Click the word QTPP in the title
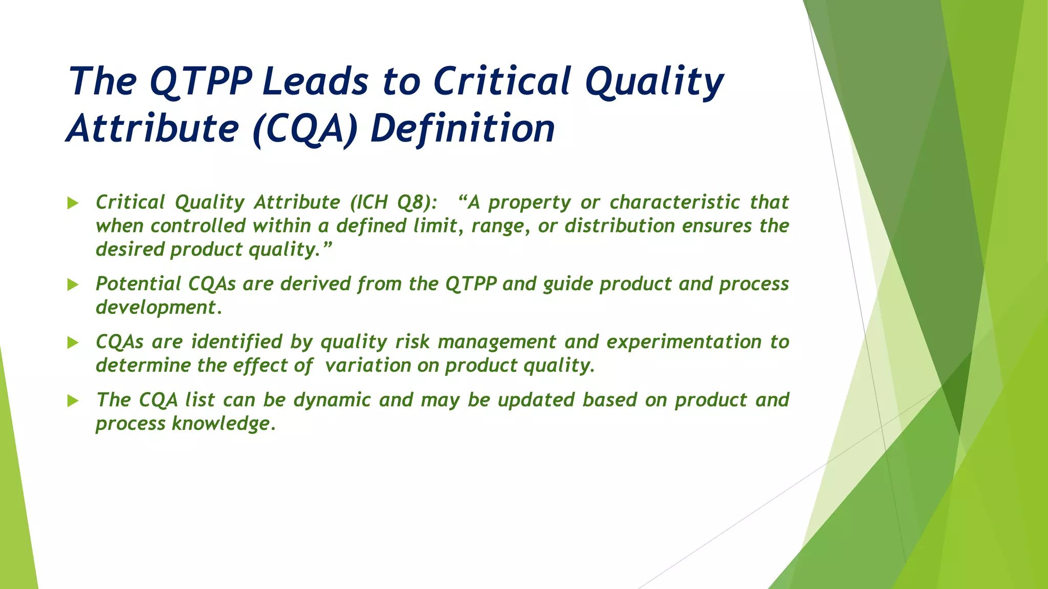pos(201,82)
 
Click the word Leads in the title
pos(315,82)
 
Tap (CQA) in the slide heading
pos(305,129)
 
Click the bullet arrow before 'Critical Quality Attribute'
pos(73,203)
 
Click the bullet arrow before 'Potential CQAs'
pos(73,285)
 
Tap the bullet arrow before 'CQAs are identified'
pos(73,343)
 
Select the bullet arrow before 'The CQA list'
pos(73,401)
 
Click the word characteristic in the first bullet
pos(674,202)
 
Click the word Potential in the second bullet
pos(138,284)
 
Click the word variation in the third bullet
pos(368,366)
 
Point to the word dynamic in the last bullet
pos(332,400)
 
